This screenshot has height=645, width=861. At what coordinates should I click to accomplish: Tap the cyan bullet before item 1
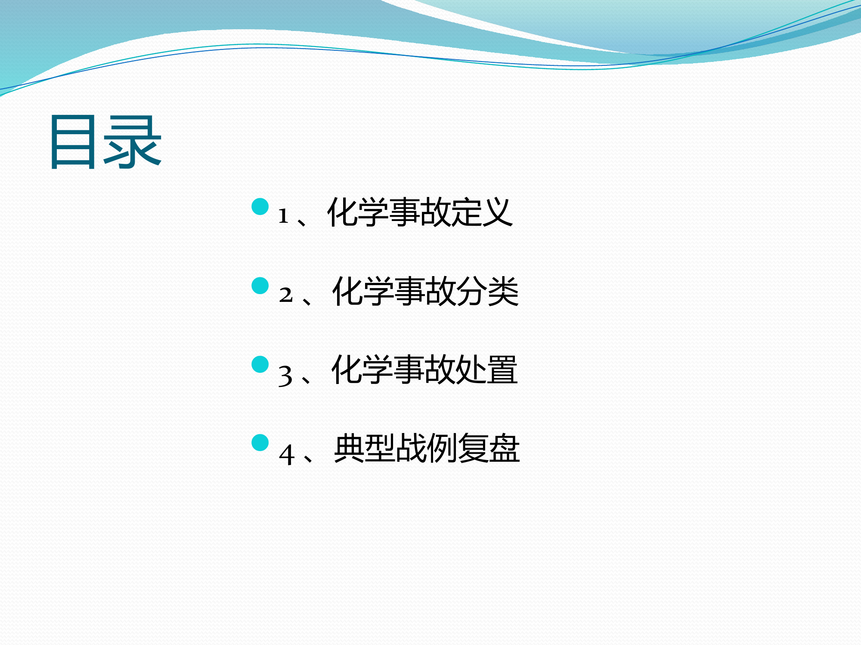coord(260,207)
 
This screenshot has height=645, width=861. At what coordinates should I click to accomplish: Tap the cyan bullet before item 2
coord(260,286)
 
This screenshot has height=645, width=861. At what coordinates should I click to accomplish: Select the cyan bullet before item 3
coord(260,364)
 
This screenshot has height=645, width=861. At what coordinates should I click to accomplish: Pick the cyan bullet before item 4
coord(260,442)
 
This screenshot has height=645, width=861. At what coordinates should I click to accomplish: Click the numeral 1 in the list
coord(283,216)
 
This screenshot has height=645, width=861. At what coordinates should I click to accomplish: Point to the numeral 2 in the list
coord(285,295)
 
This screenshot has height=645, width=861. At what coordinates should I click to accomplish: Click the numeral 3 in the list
coord(285,375)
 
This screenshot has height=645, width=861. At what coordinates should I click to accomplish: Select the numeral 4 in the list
coord(287,455)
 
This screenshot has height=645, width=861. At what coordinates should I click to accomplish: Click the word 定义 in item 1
coord(482,212)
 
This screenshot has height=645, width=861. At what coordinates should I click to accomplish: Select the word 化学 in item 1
coord(358,212)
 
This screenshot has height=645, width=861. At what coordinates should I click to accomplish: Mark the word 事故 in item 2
coord(424,291)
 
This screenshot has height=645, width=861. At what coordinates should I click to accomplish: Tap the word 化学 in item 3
coord(362,369)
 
